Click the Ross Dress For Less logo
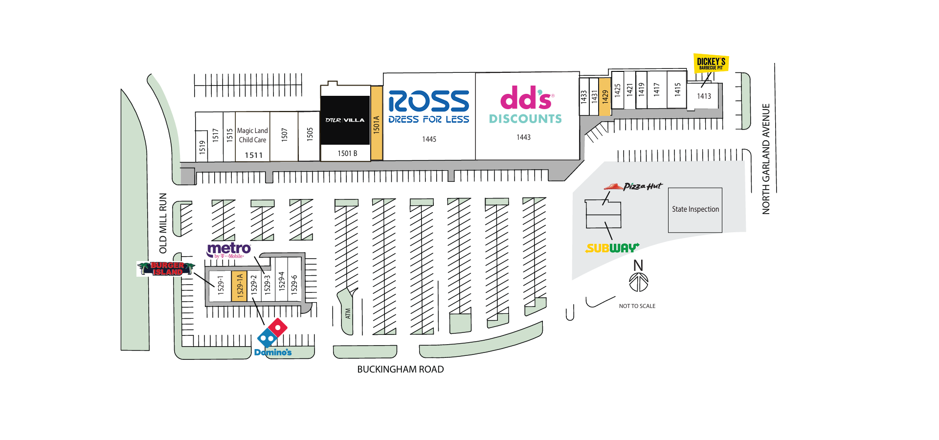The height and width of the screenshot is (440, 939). point(428,107)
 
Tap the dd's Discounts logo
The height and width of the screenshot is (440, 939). point(526,105)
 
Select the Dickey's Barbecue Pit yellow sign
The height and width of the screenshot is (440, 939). point(711,63)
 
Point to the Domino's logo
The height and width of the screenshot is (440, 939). point(272,338)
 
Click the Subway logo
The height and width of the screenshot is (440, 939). point(612,248)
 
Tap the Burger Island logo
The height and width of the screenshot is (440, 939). point(166,269)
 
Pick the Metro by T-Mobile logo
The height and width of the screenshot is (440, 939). point(228,250)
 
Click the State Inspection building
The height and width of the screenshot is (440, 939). point(695,210)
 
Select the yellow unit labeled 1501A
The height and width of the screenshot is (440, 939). point(376,123)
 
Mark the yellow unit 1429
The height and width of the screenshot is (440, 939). point(605,97)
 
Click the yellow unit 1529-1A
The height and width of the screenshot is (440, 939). point(239,286)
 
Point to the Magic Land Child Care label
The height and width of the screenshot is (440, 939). point(252,135)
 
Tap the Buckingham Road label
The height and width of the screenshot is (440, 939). point(400,370)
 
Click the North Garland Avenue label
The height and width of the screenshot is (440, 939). point(766,158)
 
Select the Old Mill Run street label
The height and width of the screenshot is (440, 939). point(163,223)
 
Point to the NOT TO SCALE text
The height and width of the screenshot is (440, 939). point(637,306)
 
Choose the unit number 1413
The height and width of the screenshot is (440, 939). point(704,96)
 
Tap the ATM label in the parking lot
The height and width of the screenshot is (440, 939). point(348,313)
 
